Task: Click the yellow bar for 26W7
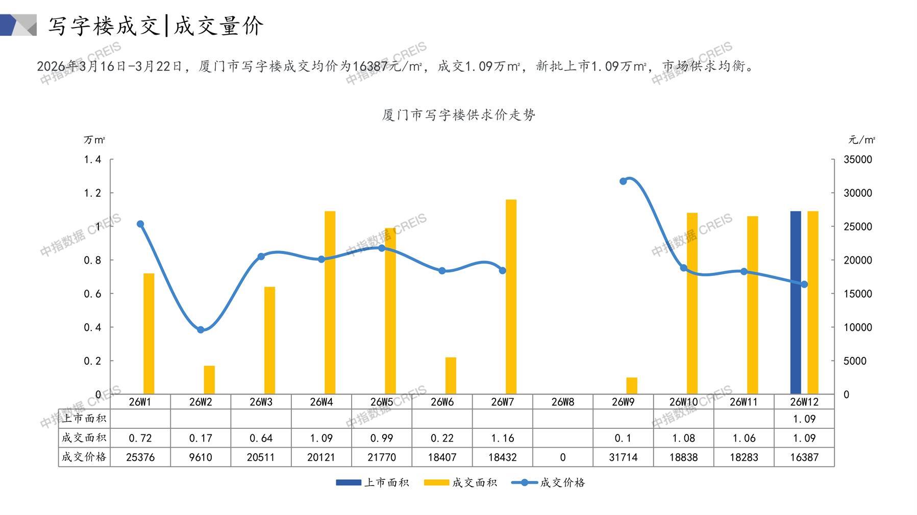pos(511,297)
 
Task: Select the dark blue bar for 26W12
pos(795,302)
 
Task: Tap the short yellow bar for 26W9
pos(632,386)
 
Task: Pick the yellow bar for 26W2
pos(209,380)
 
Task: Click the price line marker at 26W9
pos(623,181)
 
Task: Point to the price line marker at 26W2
pos(201,330)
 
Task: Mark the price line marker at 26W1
pos(140,224)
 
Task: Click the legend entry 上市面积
pos(373,482)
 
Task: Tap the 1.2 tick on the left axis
pos(92,193)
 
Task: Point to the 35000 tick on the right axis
pos(858,160)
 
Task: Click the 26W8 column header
pos(562,402)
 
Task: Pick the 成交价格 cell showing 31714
pos(623,457)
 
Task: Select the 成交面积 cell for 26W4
pos(321,438)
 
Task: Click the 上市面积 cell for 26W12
pos(804,419)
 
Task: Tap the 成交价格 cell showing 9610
pos(201,457)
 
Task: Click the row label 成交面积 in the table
pos(84,438)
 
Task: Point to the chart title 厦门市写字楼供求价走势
pos(458,115)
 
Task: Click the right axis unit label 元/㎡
pos(861,140)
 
